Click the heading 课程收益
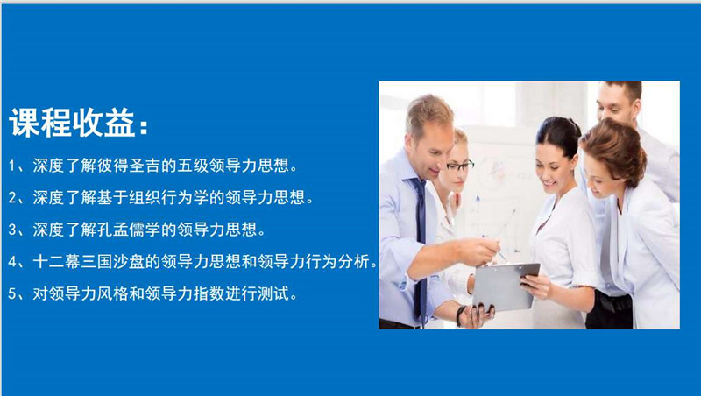pos(72,122)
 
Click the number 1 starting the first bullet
pos(12,166)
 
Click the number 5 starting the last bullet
pos(12,294)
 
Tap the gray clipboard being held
pos(506,286)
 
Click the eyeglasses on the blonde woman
pos(459,166)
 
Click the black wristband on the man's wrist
pos(460,315)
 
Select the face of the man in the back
pos(616,103)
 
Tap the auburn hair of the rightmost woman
pos(615,150)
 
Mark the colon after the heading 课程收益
pos(143,127)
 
